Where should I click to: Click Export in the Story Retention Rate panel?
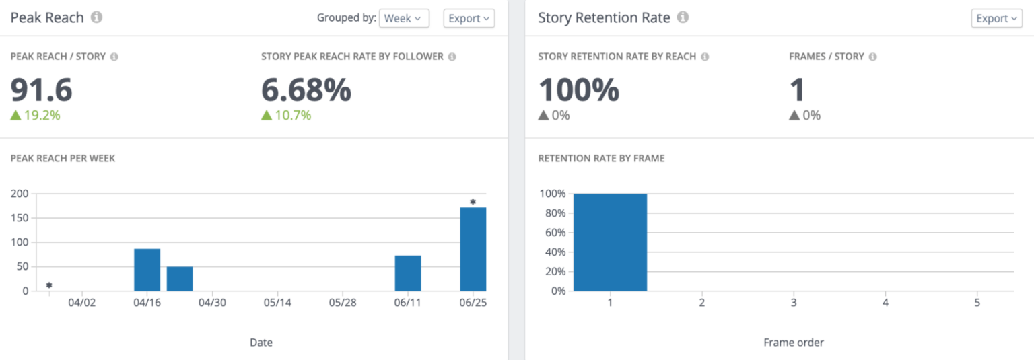pos(996,18)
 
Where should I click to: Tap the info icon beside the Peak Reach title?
pos(96,17)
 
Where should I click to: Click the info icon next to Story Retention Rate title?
pos(683,17)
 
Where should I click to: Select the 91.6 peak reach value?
pos(42,89)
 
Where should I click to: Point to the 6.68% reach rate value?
pos(306,89)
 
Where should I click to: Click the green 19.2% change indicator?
pos(36,115)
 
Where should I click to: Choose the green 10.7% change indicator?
pos(286,115)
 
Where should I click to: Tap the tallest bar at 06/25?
pos(473,249)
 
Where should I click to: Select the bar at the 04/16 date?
pos(147,270)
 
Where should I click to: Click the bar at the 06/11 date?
pos(407,273)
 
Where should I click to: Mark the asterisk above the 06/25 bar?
pos(473,202)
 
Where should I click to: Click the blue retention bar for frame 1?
pos(610,242)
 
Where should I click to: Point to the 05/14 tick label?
pos(277,303)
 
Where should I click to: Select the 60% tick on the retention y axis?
pos(552,233)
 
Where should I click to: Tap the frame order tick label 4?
pos(885,303)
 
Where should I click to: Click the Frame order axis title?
pos(793,343)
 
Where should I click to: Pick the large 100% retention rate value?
pos(579,89)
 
